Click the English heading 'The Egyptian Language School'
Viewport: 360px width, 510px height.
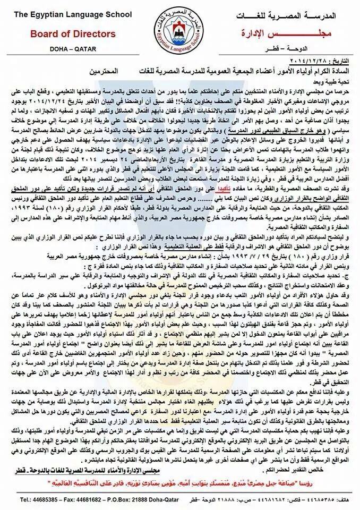tap(58, 9)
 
